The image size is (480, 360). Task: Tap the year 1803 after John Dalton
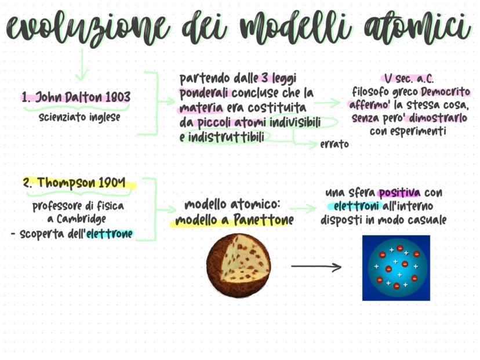118,97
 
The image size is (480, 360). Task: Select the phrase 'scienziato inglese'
79,117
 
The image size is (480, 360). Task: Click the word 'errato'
334,144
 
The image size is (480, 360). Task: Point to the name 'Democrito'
445,92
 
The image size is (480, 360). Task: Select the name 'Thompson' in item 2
66,183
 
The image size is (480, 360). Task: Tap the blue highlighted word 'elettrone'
110,234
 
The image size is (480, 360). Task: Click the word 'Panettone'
264,220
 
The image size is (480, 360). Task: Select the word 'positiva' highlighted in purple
399,193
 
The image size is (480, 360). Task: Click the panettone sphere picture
238,265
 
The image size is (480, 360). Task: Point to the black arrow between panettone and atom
316,267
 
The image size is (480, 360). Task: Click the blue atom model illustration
396,268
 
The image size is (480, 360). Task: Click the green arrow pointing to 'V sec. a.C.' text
328,103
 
